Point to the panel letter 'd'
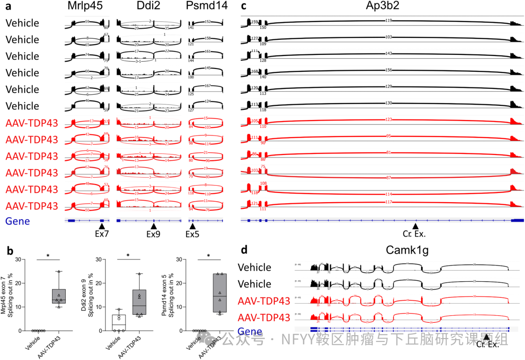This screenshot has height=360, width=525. coord(244,251)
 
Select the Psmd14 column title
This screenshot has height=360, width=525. coord(205,7)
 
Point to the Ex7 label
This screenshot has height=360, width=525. coord(102,234)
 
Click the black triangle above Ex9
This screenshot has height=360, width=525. coord(154,226)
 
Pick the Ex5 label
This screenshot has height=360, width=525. coord(192,234)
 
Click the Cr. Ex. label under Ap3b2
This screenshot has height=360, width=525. coord(415,234)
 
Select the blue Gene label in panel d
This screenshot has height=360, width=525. coord(250,332)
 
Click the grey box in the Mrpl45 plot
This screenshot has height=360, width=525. coord(58,296)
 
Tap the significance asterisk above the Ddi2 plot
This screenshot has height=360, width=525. coord(128,256)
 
